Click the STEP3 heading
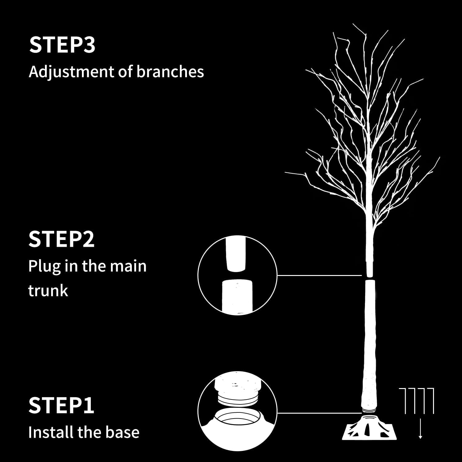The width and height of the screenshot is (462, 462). click(x=62, y=45)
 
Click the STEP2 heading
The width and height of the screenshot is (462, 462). click(x=61, y=239)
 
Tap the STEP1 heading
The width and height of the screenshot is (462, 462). click(x=61, y=406)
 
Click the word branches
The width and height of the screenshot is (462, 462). click(x=170, y=71)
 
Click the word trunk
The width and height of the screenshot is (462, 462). click(x=48, y=290)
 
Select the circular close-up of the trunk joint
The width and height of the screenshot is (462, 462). click(x=237, y=275)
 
